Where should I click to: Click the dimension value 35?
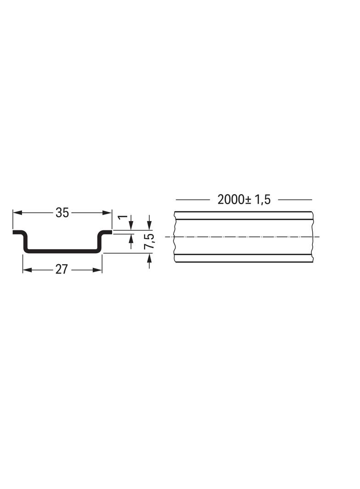coord(62,213)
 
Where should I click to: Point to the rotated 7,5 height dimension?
coord(150,241)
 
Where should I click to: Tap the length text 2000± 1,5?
coord(244,200)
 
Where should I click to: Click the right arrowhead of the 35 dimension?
coord(107,213)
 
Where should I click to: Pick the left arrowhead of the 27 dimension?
coord(27,270)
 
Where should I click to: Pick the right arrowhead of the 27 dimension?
coord(97,270)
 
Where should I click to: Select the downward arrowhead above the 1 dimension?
coord(131,226)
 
